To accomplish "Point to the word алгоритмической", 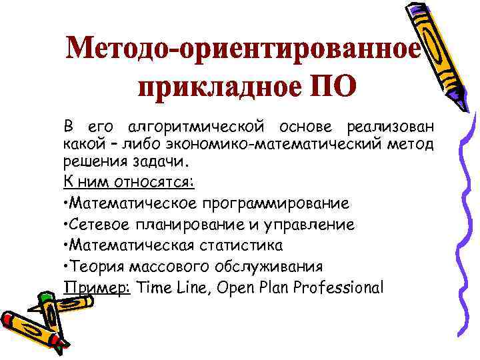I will click(x=197, y=127).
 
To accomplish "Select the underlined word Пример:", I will click(x=97, y=287).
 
